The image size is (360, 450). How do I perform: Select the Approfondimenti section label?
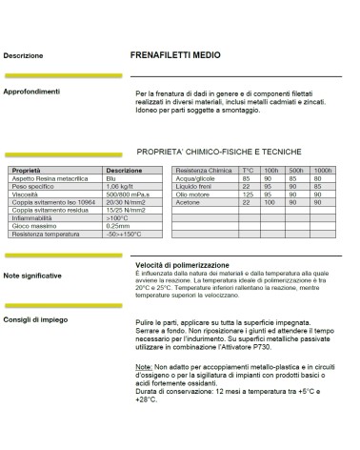pos(36,92)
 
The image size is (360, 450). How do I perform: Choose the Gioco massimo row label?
pos(33,226)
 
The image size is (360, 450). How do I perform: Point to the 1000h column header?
pos(322,171)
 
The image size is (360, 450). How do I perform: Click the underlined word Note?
pos(144,365)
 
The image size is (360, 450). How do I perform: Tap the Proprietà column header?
pos(28,171)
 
